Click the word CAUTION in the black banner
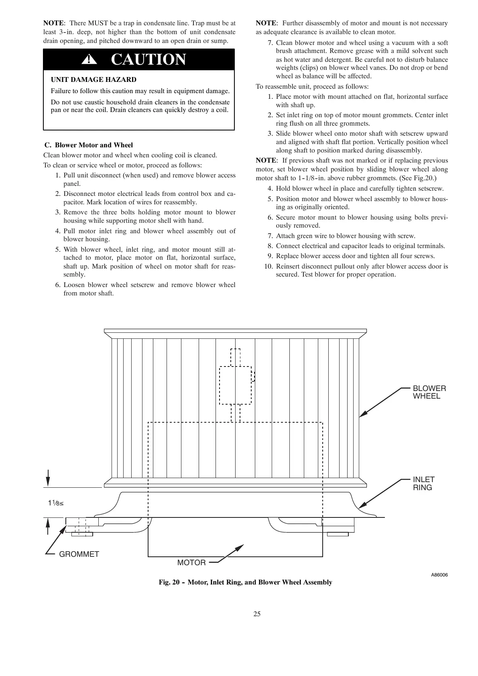pos(148,60)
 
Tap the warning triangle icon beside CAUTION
pos(89,60)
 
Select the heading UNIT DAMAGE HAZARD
pos(94,79)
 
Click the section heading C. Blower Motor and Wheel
pos(88,145)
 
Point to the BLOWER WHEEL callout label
pos(429,392)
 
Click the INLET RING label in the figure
pos(423,483)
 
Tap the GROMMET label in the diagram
pos(79,554)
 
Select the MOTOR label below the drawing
pos(191,563)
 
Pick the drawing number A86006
pos(439,575)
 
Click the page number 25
pos(257,614)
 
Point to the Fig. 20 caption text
pos(245,582)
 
